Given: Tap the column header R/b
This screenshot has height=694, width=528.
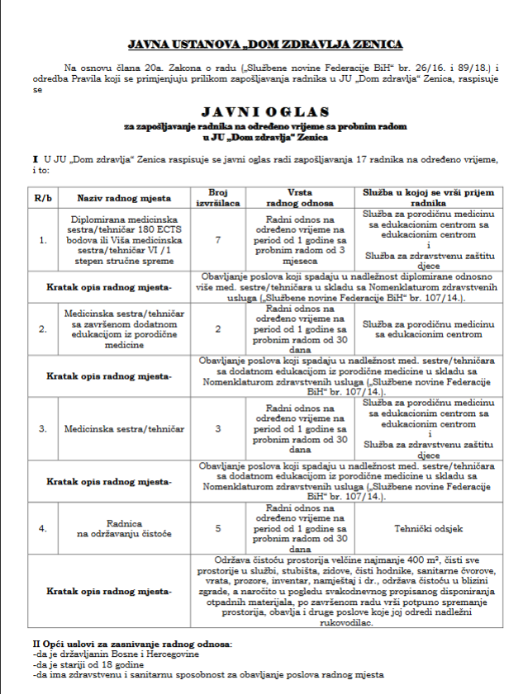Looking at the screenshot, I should point(43,198).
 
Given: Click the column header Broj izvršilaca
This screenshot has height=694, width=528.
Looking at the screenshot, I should point(218,196).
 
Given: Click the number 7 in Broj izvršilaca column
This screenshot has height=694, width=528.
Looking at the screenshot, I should point(218,239).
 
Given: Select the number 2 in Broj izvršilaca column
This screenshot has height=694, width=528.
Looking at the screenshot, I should point(218,328).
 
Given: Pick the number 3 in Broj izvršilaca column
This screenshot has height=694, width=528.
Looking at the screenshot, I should point(218,429).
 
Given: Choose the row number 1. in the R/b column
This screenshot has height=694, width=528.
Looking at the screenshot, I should point(43,239).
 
